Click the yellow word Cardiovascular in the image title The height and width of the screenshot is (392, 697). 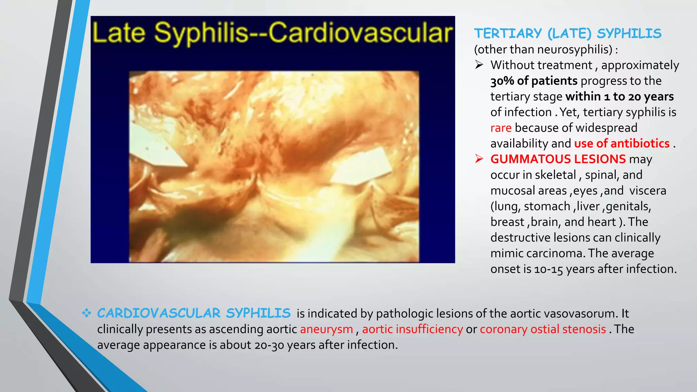[360, 33]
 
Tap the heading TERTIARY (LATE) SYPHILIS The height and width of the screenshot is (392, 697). [567, 33]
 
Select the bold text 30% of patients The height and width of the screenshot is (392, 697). [534, 81]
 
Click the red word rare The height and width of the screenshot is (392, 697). [501, 128]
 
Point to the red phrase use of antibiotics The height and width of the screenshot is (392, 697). [622, 144]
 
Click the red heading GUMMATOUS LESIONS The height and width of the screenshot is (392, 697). [558, 159]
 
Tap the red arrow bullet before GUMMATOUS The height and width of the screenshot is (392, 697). [479, 159]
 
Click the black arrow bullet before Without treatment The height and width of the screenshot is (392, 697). [479, 65]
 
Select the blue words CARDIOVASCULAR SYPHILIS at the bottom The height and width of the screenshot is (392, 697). [194, 313]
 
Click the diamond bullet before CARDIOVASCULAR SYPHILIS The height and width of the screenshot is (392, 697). [86, 313]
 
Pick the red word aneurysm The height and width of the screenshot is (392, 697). [326, 329]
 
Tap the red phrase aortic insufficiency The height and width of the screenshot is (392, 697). [412, 329]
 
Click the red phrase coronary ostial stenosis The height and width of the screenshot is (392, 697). [543, 329]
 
